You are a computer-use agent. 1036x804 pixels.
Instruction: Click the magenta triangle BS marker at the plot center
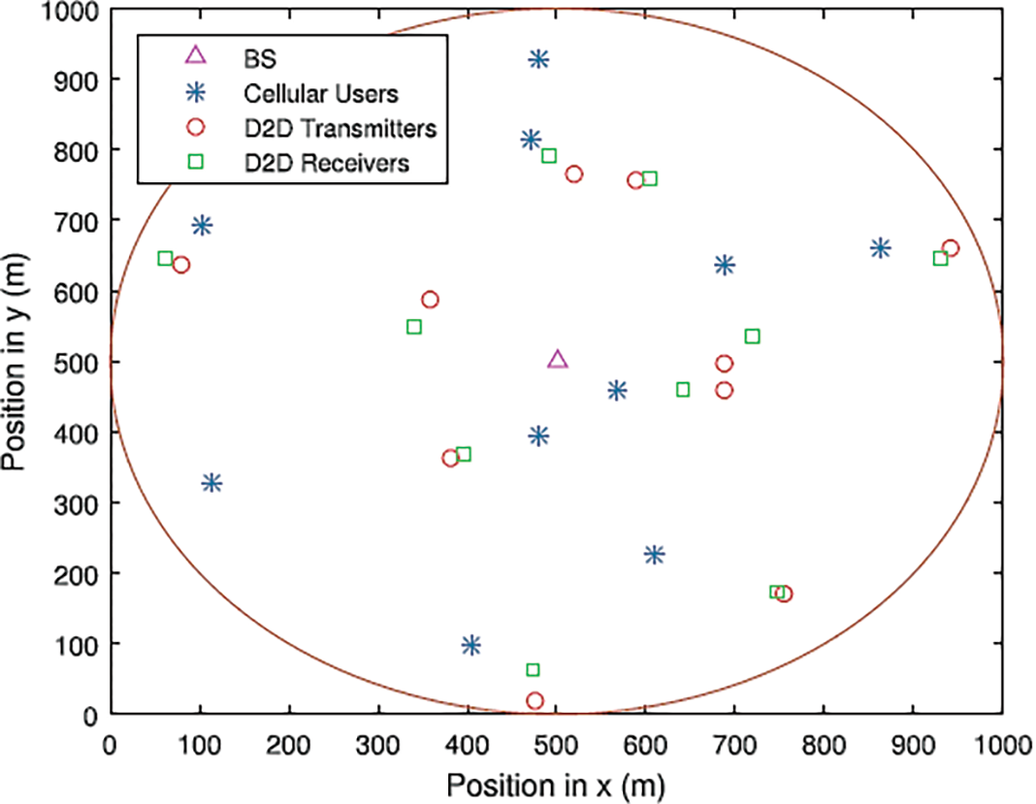point(557,360)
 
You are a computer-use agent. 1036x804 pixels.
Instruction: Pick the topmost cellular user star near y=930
point(538,59)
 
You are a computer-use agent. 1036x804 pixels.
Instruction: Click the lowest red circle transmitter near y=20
point(534,700)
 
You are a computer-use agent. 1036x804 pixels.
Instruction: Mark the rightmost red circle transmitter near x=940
point(950,248)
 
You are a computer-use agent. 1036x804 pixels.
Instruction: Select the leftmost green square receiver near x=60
point(165,259)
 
